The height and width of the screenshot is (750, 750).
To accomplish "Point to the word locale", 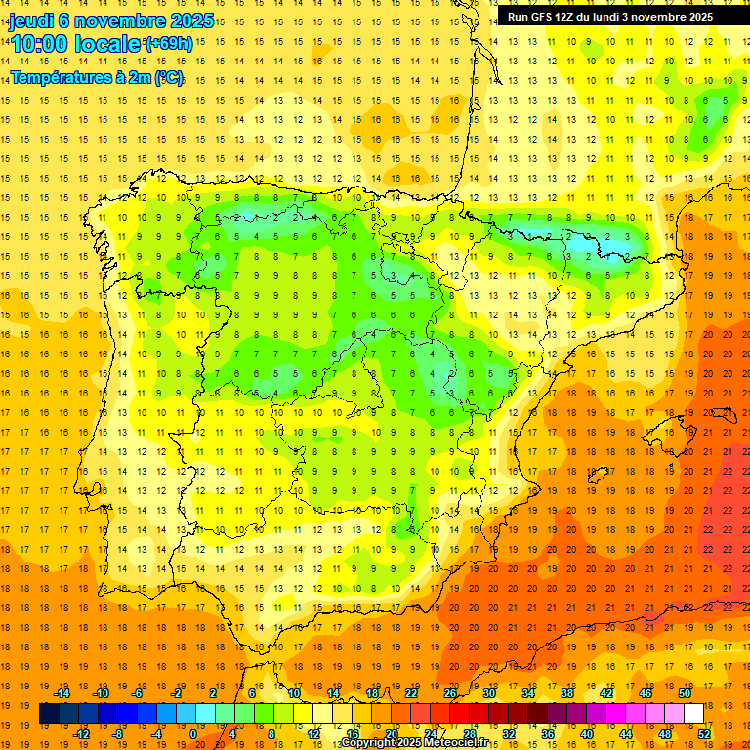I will pyautogui.click(x=109, y=44).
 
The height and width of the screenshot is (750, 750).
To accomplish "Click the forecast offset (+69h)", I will pyautogui.click(x=169, y=44).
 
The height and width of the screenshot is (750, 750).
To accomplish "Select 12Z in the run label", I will pyautogui.click(x=577, y=17).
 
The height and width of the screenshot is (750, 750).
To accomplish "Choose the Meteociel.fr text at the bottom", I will pyautogui.click(x=457, y=743).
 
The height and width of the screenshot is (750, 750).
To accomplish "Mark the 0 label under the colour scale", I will pyautogui.click(x=194, y=734).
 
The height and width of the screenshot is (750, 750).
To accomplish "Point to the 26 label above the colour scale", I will pyautogui.click(x=450, y=693).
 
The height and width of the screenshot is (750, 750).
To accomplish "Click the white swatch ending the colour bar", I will pyautogui.click(x=694, y=714).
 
